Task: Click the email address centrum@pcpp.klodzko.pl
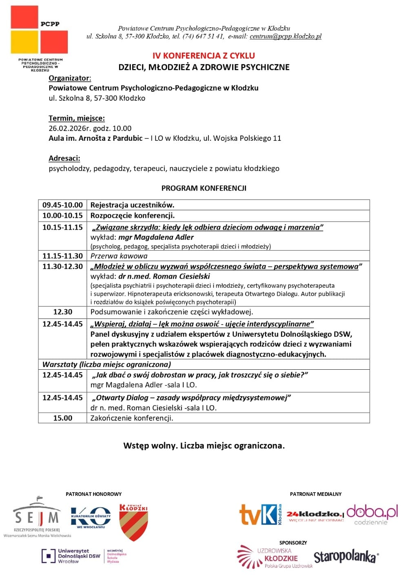pyautogui.click(x=286, y=36)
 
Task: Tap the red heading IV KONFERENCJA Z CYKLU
pyautogui.click(x=204, y=56)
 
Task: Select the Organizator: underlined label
pyautogui.click(x=70, y=78)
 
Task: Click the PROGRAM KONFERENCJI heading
pyautogui.click(x=204, y=188)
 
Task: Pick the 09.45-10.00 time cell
pyautogui.click(x=62, y=205)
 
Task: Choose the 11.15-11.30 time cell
pyautogui.click(x=62, y=256)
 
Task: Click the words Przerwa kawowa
pyautogui.click(x=119, y=256)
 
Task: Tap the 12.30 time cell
pyautogui.click(x=62, y=312)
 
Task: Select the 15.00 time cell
pyautogui.click(x=62, y=418)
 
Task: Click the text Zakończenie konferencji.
pyautogui.click(x=131, y=418)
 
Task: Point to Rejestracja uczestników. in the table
pyautogui.click(x=132, y=205)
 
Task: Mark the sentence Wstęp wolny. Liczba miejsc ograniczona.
pyautogui.click(x=204, y=445)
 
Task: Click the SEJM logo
pyautogui.click(x=37, y=515)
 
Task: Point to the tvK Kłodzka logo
pyautogui.click(x=260, y=515)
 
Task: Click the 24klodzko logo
pyautogui.click(x=315, y=516)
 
